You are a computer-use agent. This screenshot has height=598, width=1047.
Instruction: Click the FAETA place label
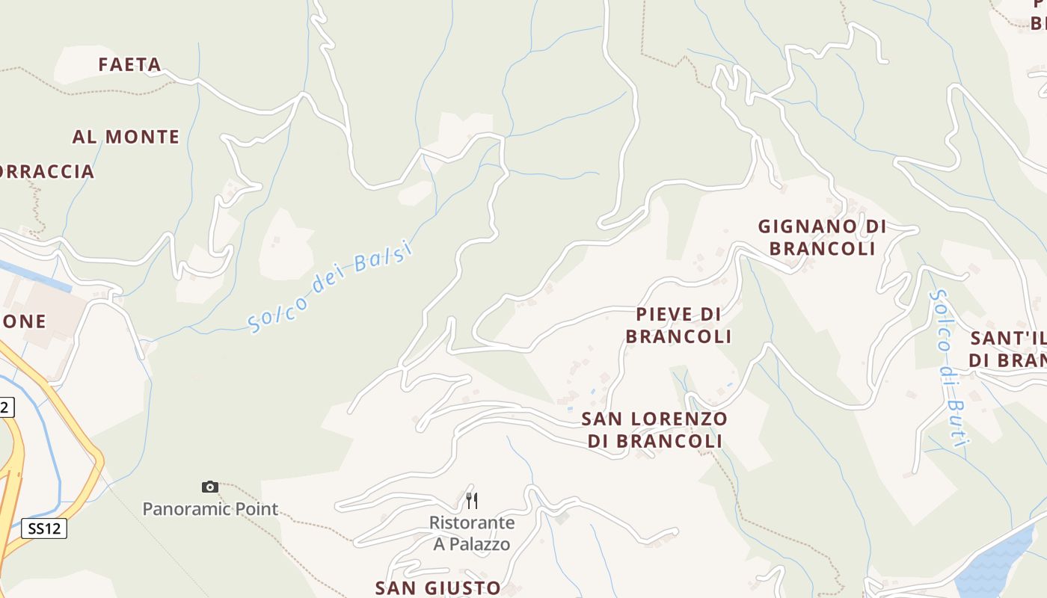(x=130, y=65)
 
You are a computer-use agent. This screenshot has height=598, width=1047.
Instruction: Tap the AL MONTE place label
(x=126, y=137)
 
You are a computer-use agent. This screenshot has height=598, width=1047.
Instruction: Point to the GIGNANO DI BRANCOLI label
(x=822, y=237)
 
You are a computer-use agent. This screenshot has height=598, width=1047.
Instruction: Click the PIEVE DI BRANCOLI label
(x=678, y=325)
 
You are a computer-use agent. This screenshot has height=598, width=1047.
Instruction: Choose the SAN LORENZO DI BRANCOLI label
(x=654, y=430)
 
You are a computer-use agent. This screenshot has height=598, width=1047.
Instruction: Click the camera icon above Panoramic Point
(x=210, y=487)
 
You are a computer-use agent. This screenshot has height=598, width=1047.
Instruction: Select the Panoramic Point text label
(x=210, y=509)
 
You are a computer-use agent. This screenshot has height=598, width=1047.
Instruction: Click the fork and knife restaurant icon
(x=472, y=500)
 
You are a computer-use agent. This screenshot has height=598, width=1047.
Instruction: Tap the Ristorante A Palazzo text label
(x=472, y=533)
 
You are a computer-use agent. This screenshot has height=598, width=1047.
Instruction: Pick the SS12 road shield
(x=44, y=528)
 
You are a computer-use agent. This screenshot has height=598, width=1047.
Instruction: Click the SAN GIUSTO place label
(x=438, y=588)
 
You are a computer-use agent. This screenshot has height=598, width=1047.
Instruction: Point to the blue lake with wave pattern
(x=995, y=564)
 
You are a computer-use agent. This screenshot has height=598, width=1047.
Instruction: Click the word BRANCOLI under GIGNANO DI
(x=822, y=248)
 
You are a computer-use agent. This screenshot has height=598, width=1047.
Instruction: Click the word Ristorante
(x=472, y=523)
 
